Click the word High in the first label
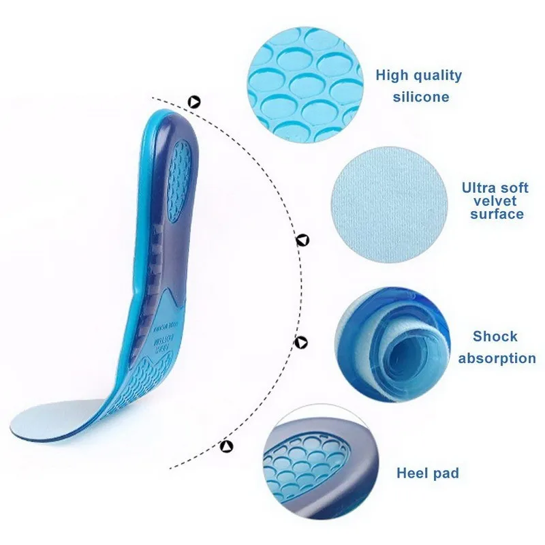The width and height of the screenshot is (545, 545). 392,76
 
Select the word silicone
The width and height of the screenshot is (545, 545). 421,97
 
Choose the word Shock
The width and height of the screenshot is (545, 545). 495,337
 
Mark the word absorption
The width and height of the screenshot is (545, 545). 497,358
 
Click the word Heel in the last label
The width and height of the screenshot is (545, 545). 411,473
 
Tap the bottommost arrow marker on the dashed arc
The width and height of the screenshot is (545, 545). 225,446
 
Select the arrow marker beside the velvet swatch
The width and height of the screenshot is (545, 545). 302,239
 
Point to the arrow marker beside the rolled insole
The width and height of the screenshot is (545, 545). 300,341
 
